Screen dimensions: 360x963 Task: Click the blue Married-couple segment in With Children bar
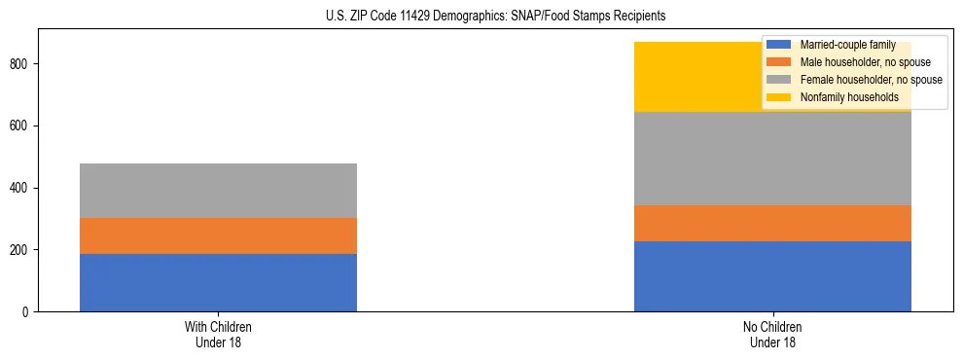click(x=218, y=282)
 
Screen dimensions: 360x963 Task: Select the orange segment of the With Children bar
click(x=218, y=235)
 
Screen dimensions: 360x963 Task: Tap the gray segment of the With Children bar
click(x=218, y=191)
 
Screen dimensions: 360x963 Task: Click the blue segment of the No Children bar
click(x=772, y=276)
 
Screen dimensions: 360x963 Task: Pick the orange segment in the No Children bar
click(x=772, y=223)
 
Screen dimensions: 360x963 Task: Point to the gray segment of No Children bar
click(x=772, y=159)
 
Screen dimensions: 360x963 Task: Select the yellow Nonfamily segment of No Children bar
click(x=700, y=77)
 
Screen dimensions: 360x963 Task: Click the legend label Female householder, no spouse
click(x=871, y=80)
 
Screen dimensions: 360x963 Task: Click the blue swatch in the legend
click(x=778, y=45)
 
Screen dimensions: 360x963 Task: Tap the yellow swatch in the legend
click(x=778, y=97)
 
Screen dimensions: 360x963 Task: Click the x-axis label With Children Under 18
click(x=218, y=334)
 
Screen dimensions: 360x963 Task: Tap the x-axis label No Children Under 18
click(x=772, y=334)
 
